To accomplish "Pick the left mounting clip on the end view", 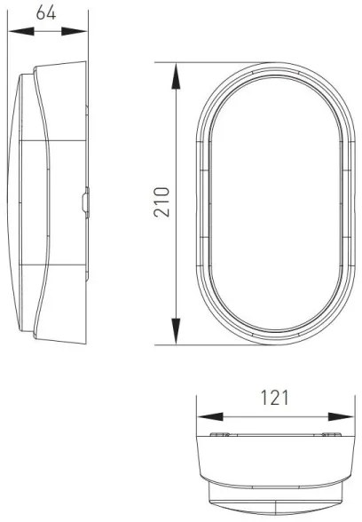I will coord(219,436).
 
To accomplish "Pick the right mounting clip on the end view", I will coord(330,436).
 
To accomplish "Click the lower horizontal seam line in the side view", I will coord(53,266).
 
